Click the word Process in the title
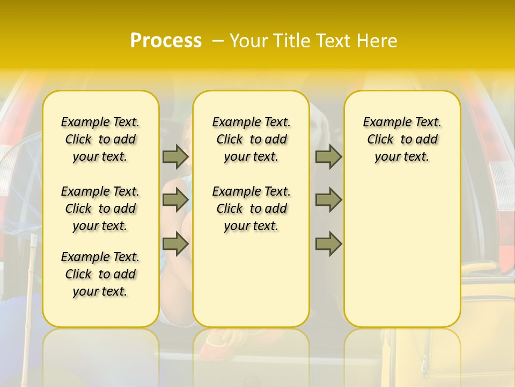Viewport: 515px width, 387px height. pyautogui.click(x=166, y=41)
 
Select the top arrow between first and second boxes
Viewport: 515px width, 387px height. pyautogui.click(x=175, y=157)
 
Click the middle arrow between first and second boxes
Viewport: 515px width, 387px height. pyautogui.click(x=175, y=200)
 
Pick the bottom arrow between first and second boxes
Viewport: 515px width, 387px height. pyautogui.click(x=175, y=244)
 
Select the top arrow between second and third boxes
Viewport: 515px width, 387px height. pyautogui.click(x=328, y=157)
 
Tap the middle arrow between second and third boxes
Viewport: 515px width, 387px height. pyautogui.click(x=328, y=200)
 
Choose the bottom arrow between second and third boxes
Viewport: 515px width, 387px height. pyautogui.click(x=328, y=244)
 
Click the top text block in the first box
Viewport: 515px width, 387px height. pyautogui.click(x=100, y=140)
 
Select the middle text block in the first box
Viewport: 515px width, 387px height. pyautogui.click(x=100, y=209)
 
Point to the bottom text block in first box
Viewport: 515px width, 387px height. pyautogui.click(x=100, y=274)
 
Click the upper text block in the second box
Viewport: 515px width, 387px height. pyautogui.click(x=252, y=140)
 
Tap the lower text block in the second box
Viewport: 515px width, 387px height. pyautogui.click(x=252, y=209)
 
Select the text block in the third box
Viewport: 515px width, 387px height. pyautogui.click(x=402, y=140)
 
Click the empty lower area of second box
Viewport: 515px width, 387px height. pyautogui.click(x=252, y=279)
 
